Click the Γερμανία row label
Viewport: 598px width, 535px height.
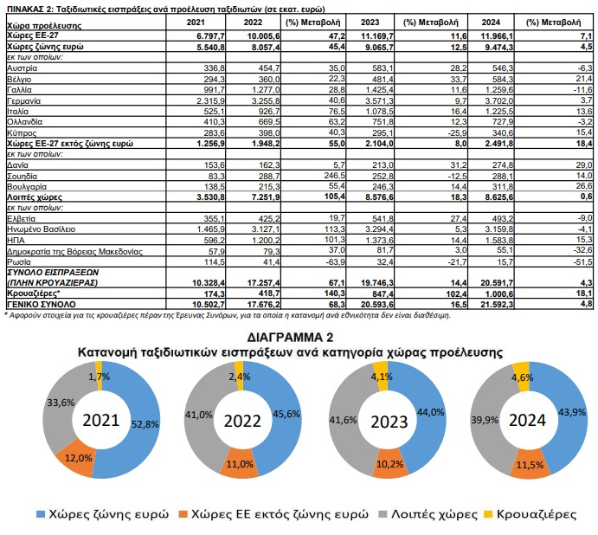coord(23,101)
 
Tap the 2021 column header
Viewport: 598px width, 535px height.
coord(196,23)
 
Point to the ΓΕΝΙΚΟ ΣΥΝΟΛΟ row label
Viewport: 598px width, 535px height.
coord(42,305)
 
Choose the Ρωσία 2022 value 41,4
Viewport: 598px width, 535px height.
coord(271,262)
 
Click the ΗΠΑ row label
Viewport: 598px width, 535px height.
coord(16,241)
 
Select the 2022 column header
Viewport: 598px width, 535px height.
coord(253,23)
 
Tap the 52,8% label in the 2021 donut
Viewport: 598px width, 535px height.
coord(145,424)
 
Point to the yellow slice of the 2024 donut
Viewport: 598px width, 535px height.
coord(521,377)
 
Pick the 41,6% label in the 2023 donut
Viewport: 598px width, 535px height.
coord(343,420)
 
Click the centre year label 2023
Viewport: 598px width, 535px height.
coord(389,422)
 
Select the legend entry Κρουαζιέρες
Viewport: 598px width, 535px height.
coord(537,514)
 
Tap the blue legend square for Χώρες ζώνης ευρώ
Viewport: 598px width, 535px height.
coord(41,514)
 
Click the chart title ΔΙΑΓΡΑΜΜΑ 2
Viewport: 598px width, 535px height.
coord(290,338)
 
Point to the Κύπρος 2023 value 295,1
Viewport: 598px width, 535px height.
coord(383,133)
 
